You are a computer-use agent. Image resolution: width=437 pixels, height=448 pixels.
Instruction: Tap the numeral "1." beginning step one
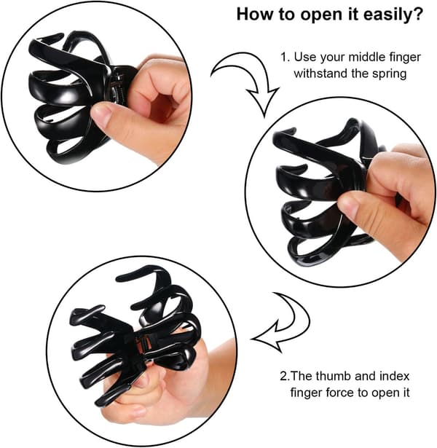(x=286, y=57)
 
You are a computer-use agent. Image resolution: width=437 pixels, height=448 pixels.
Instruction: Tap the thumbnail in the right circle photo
(x=347, y=205)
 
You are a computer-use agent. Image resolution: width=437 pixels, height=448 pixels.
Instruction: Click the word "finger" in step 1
(x=405, y=58)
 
